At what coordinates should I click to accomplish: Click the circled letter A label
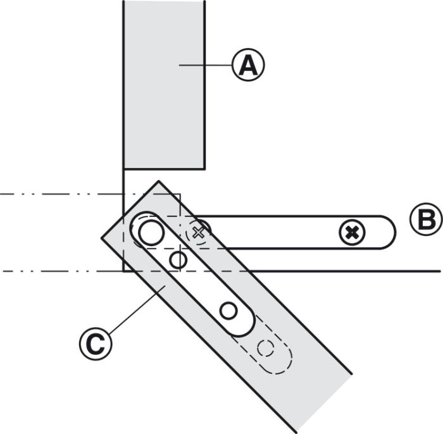click(248, 65)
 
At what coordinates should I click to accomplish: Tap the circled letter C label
click(96, 344)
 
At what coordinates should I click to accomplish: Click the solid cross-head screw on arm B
click(352, 233)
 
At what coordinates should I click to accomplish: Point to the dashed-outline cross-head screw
click(198, 232)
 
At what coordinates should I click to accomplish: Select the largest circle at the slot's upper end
click(151, 233)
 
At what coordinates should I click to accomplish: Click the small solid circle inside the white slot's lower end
click(228, 311)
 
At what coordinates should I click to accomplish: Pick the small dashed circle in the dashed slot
click(266, 348)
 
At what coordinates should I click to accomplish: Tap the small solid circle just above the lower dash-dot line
click(178, 260)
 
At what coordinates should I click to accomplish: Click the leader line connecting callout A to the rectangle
click(206, 65)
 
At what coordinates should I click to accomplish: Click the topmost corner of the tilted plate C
click(159, 181)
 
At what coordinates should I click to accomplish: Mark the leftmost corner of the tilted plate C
click(102, 239)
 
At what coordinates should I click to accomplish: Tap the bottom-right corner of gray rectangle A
click(204, 169)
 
